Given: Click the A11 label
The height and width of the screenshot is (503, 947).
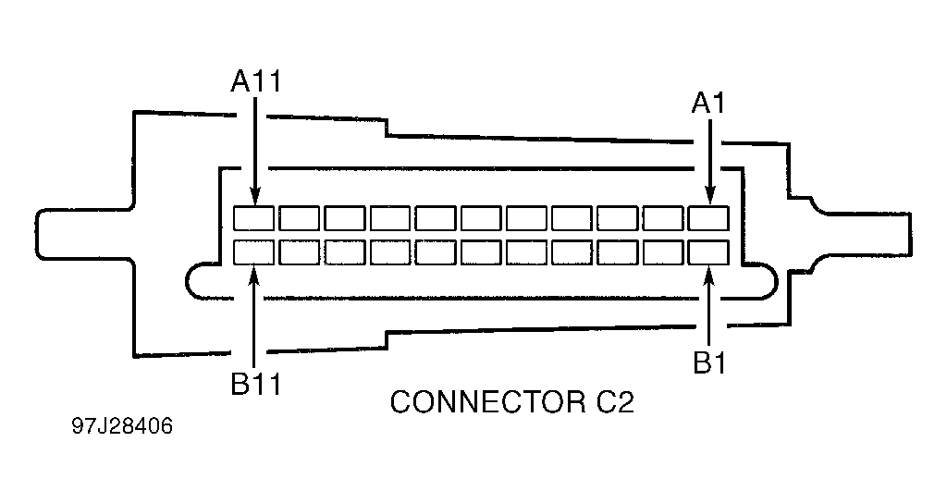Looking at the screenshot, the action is tap(256, 81).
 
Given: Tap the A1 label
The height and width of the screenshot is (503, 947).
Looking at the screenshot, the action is tap(708, 104).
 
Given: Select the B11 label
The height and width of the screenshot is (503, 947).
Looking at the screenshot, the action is tap(256, 384).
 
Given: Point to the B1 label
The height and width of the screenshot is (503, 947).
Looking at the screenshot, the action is tap(709, 362).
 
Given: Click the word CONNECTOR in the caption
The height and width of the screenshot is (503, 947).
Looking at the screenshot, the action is tap(487, 401).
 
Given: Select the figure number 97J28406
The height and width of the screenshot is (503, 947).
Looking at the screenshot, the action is tap(123, 425).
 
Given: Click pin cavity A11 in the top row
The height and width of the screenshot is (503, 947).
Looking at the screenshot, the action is tap(253, 218).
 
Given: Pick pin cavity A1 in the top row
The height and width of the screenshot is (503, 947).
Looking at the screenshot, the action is tap(708, 218).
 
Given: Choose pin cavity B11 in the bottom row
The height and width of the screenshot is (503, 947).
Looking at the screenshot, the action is tap(253, 252).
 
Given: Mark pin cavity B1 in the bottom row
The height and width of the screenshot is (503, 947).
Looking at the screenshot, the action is tap(708, 252).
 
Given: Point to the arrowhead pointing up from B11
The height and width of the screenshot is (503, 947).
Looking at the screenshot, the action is tap(254, 274).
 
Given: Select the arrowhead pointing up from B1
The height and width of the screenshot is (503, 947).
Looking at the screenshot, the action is tap(709, 274).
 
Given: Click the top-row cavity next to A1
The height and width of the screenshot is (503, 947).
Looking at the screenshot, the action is tap(662, 218).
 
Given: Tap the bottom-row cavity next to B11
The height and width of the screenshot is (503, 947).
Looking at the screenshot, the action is tap(299, 252).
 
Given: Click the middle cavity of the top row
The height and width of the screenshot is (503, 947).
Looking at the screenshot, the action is tap(481, 218).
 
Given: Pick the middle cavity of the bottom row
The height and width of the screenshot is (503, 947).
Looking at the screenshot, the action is tap(481, 252).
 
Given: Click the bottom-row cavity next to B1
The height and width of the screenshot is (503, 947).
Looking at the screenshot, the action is tap(662, 252).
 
